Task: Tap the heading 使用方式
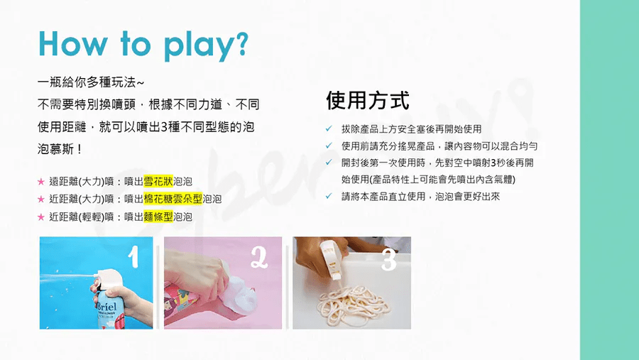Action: pos(368,100)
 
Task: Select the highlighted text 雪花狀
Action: pos(158,180)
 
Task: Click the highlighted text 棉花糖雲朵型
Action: pos(173,199)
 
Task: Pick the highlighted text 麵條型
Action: pos(158,217)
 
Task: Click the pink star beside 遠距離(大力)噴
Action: pos(40,181)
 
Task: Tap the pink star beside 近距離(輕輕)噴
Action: pos(40,217)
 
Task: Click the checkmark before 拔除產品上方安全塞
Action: pos(329,129)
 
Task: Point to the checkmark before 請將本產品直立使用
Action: pos(329,197)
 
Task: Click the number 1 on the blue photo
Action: pos(133,257)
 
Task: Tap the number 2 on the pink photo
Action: pos(259,258)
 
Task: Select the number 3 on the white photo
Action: pos(388,259)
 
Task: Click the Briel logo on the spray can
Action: pos(106,307)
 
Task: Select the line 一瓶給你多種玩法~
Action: pos(90,83)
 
